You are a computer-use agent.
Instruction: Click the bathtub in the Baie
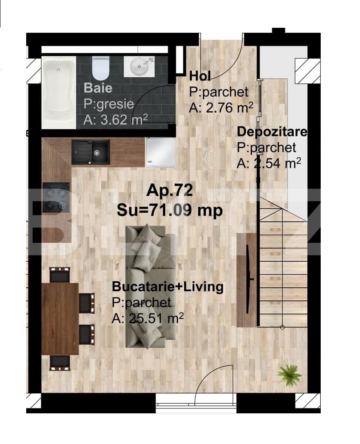(x=59, y=92)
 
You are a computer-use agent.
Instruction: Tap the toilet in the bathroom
(x=101, y=67)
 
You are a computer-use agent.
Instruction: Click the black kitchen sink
(x=90, y=152)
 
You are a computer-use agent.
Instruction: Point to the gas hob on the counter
(x=56, y=197)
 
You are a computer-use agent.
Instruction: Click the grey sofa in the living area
(x=151, y=286)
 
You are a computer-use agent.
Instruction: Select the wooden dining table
(x=60, y=318)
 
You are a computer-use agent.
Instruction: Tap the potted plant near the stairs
(x=289, y=374)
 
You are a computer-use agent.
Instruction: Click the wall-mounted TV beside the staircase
(x=248, y=280)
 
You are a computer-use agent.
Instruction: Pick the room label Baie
(x=98, y=88)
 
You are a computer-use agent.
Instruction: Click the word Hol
(x=200, y=76)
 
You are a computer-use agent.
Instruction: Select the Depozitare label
(x=272, y=132)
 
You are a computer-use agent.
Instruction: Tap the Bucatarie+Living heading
(x=168, y=287)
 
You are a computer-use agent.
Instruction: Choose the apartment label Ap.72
(x=169, y=191)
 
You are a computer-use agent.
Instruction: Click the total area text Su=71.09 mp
(x=170, y=210)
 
